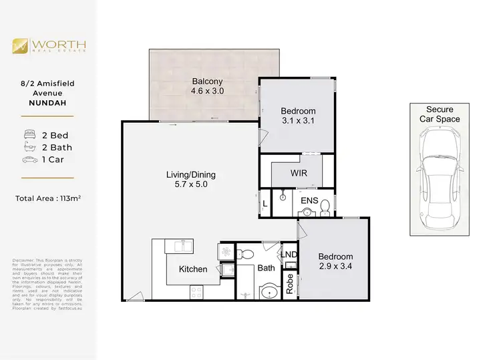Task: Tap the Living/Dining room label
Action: pyautogui.click(x=191, y=175)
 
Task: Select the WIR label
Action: pyautogui.click(x=297, y=174)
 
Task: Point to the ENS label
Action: pyautogui.click(x=309, y=200)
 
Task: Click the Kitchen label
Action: pyautogui.click(x=192, y=270)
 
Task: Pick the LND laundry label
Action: pyautogui.click(x=289, y=255)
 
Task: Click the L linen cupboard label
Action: pyautogui.click(x=265, y=203)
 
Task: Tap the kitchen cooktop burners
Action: pyautogui.click(x=197, y=292)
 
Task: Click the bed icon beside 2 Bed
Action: pyautogui.click(x=29, y=134)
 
